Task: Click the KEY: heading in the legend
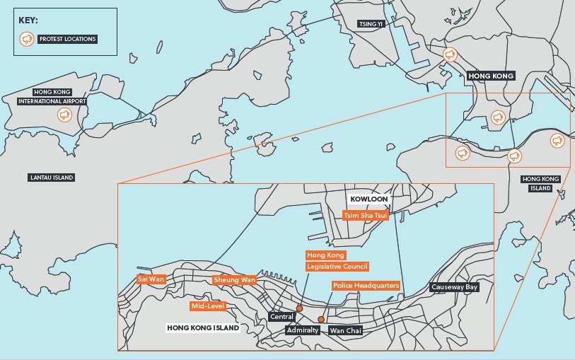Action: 28,20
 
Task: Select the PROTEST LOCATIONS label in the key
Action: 68,40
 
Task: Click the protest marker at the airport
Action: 64,114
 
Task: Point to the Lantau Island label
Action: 52,178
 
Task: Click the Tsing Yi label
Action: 370,23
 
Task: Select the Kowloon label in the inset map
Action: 366,199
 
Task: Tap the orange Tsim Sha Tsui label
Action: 365,214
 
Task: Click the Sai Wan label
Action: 151,279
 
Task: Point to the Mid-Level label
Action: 207,306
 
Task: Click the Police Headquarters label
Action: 366,286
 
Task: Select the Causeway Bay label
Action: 455,287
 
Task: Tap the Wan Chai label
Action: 345,330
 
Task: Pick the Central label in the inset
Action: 281,317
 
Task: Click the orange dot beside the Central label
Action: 300,308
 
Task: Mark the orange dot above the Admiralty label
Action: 321,320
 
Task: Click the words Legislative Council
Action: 337,267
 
